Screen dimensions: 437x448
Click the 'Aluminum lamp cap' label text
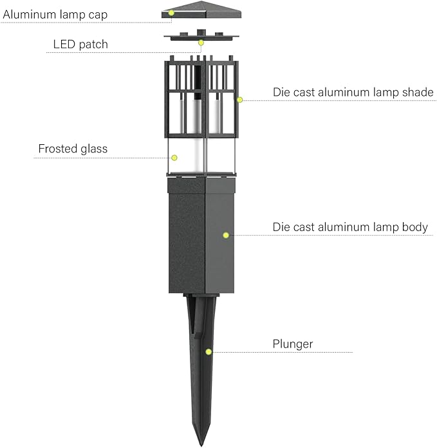[55, 15]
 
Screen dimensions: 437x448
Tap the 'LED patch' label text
[80, 44]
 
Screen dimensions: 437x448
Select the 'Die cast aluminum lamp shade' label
[353, 92]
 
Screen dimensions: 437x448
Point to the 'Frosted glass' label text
[73, 149]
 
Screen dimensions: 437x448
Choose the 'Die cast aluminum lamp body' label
[350, 227]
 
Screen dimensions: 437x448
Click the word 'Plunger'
[293, 344]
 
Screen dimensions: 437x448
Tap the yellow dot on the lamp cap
[171, 13]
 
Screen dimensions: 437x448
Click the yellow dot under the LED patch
[201, 43]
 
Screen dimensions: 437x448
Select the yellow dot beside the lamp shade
[240, 100]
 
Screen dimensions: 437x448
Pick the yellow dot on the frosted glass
[174, 158]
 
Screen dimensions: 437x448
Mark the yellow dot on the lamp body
[226, 235]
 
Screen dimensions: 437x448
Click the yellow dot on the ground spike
[209, 351]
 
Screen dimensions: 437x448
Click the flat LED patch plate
[201, 36]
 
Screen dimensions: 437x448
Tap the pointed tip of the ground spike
[201, 445]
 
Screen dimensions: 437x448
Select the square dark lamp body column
[201, 236]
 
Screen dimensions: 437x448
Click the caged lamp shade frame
[201, 97]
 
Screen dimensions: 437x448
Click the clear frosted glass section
[201, 156]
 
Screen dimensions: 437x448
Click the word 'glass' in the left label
[94, 149]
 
